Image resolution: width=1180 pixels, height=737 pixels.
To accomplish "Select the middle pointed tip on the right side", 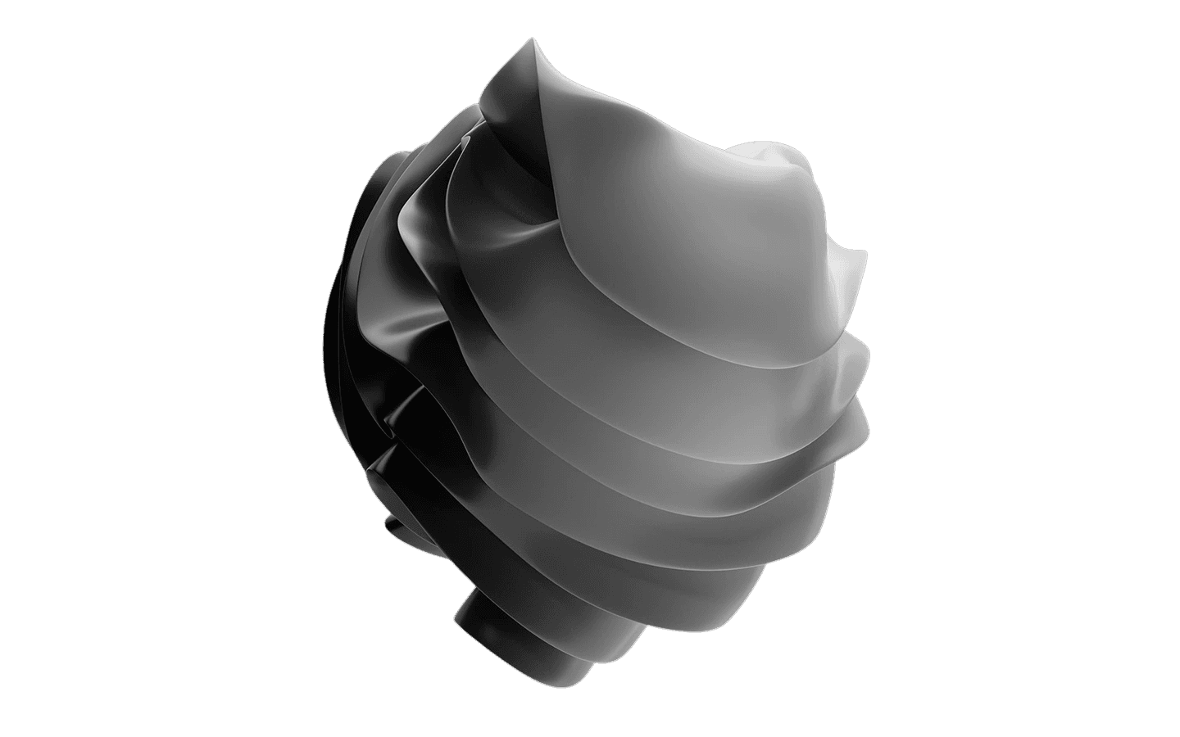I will coord(868,354).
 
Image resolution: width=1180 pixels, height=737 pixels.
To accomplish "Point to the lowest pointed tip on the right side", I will coord(865,425).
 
